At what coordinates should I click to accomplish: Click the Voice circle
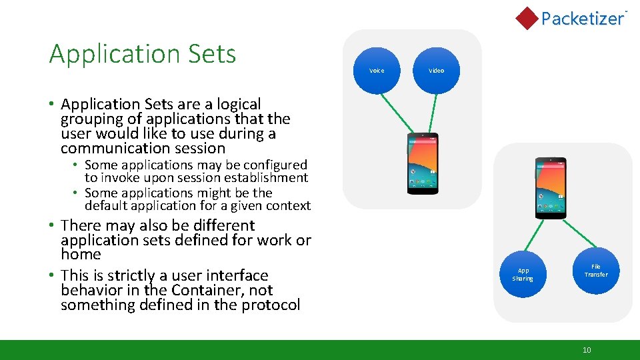(x=377, y=70)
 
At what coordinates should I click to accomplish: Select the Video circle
(x=436, y=70)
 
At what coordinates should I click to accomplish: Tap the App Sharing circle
(x=523, y=275)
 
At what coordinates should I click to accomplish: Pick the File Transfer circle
(x=596, y=271)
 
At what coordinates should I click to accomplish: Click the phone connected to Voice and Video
(x=423, y=163)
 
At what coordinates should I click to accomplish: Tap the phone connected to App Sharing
(x=551, y=188)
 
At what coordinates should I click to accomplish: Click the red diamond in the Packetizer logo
(x=527, y=18)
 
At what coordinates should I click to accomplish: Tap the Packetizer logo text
(x=582, y=19)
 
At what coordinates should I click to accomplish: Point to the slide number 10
(x=587, y=350)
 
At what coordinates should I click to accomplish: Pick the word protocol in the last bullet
(x=271, y=305)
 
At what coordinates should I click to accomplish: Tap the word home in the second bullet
(x=81, y=255)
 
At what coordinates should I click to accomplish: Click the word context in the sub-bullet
(x=289, y=205)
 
